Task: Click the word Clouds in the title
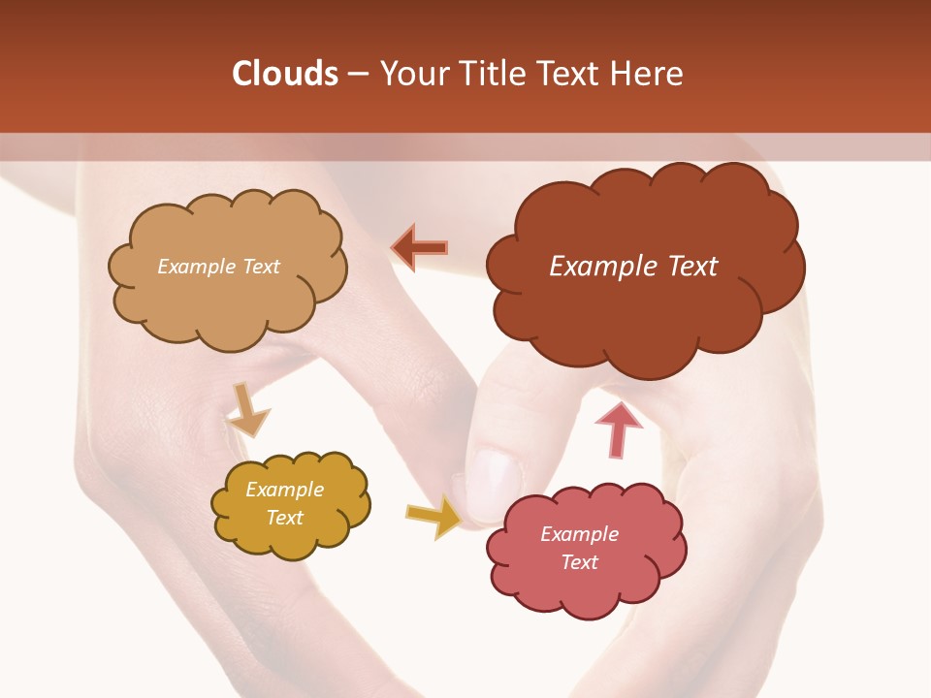click(x=285, y=74)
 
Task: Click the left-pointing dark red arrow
click(x=419, y=248)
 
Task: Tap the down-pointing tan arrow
click(x=247, y=409)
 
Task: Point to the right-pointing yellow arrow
click(x=434, y=518)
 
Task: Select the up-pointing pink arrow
click(x=618, y=428)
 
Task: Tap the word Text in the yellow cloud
click(x=284, y=518)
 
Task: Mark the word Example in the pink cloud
click(x=579, y=534)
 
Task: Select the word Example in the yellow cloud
click(x=284, y=490)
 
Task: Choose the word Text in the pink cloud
click(x=579, y=562)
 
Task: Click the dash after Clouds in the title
click(x=357, y=75)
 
